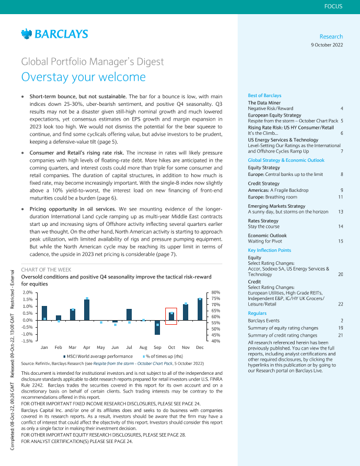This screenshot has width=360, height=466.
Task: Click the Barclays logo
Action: click(54, 34)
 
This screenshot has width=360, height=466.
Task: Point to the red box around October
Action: click(171, 316)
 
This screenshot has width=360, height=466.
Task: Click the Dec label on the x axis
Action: click(199, 348)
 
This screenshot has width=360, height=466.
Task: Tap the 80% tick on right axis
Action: click(215, 292)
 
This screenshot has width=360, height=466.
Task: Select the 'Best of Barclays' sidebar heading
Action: click(265, 95)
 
